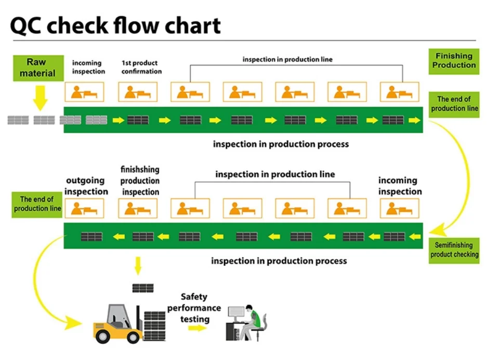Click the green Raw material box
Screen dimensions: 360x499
point(37,68)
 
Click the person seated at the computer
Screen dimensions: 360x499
point(253,319)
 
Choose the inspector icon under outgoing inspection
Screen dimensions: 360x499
point(84,208)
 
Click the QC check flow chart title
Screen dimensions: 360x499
point(115,25)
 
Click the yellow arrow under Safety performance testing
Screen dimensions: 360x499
point(198,328)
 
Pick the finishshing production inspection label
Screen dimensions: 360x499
point(140,181)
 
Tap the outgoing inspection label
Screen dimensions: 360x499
point(86,186)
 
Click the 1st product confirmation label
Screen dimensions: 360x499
point(141,67)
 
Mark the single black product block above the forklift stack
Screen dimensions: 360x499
point(143,288)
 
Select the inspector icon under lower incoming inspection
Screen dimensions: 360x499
point(399,208)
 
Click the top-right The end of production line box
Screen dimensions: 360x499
point(454,104)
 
